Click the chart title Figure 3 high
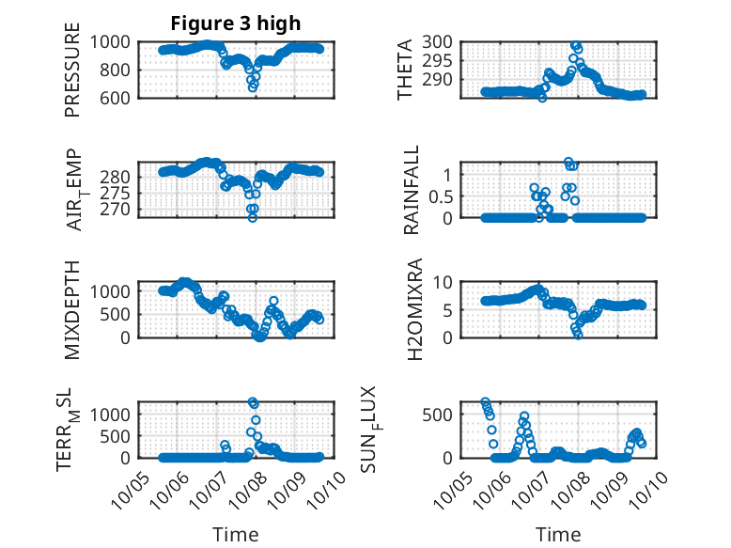[236, 23]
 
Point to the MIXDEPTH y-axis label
[73, 309]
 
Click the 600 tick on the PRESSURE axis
[119, 97]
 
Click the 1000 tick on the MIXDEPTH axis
[115, 291]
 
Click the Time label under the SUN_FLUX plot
[558, 534]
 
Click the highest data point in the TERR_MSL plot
[253, 401]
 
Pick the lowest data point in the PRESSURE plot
[253, 86]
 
